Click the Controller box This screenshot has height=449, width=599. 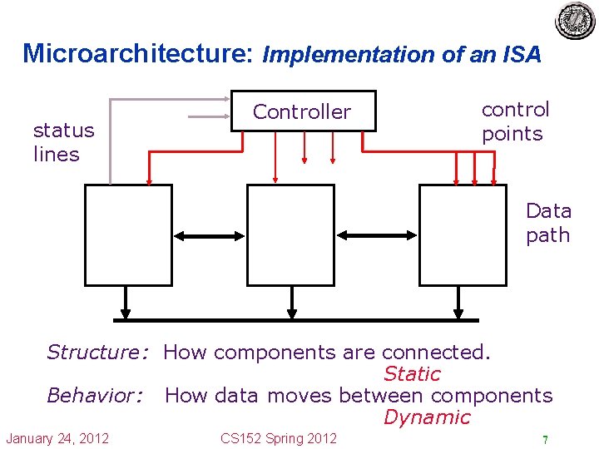(x=303, y=111)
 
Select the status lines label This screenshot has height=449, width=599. (x=63, y=142)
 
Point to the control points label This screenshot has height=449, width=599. (x=515, y=121)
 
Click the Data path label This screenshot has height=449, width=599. (x=548, y=223)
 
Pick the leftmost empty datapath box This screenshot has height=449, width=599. (x=128, y=235)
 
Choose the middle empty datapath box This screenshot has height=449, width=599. (x=290, y=235)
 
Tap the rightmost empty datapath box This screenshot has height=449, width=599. (x=462, y=235)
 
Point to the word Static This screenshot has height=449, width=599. (x=412, y=374)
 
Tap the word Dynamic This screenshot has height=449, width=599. (x=427, y=417)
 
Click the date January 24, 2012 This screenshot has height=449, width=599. (x=57, y=438)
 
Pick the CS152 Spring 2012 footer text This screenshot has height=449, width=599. (x=279, y=438)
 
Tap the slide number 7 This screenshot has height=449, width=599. (x=545, y=440)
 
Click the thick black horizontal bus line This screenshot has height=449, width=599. (x=296, y=319)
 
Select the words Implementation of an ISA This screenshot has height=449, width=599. (x=402, y=55)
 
